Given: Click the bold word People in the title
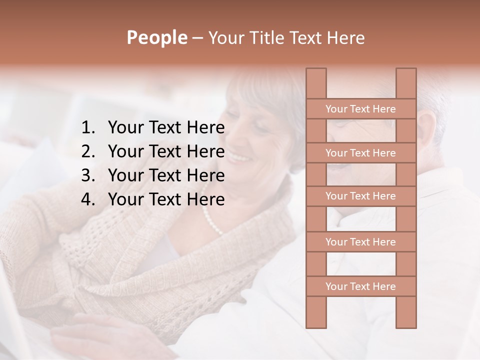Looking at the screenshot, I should tap(156, 37).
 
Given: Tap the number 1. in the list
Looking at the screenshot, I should tap(88, 128).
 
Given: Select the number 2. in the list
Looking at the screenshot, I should tap(88, 151).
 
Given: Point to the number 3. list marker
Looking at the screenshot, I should tap(88, 175).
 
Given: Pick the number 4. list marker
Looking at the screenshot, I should tap(88, 199).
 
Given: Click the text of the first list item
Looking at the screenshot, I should tap(166, 128).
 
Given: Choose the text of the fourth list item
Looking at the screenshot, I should tap(166, 199).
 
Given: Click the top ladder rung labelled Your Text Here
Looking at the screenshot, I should tap(360, 109).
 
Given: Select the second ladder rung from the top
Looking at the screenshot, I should tap(360, 153).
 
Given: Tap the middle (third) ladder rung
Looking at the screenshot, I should tap(360, 196).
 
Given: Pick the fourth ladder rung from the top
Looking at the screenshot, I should tap(360, 242).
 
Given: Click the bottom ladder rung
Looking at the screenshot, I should tap(360, 286).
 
